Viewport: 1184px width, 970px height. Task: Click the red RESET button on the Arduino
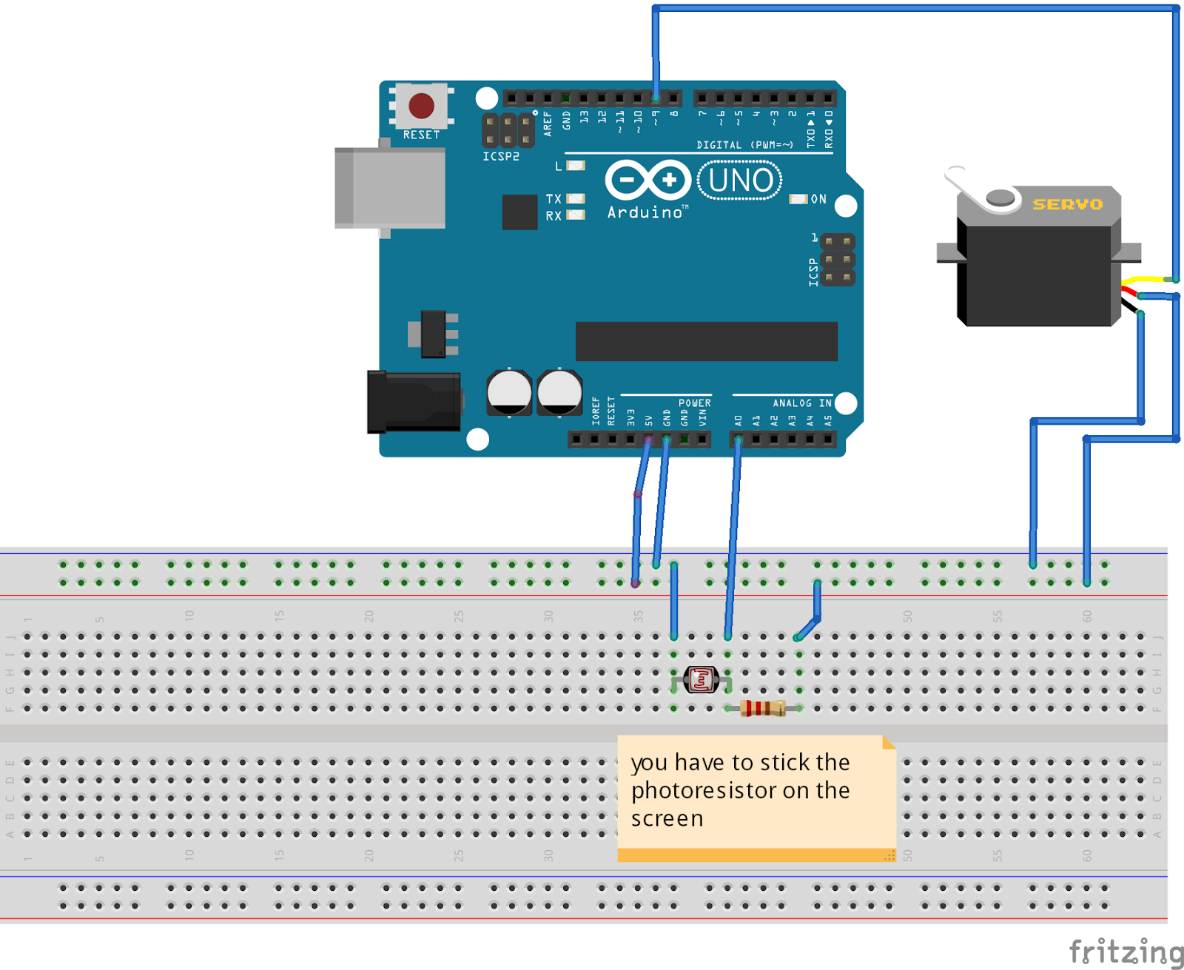pos(421,106)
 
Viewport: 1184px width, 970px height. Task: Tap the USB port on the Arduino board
pos(391,188)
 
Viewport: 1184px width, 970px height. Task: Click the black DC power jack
pos(414,402)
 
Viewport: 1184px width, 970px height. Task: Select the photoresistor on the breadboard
pos(701,679)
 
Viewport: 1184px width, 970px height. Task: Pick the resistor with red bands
pos(763,708)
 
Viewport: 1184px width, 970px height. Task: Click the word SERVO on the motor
pos(1067,204)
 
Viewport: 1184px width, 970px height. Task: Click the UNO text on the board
pos(740,181)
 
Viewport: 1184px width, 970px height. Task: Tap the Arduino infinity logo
pos(647,180)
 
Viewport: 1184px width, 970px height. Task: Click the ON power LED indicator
pos(798,199)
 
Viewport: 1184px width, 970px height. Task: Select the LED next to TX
pos(576,198)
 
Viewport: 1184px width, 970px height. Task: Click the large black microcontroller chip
pos(706,341)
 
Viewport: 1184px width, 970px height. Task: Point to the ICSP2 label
pos(501,157)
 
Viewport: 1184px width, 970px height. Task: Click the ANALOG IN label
pos(801,403)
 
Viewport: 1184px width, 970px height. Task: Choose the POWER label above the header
pos(694,403)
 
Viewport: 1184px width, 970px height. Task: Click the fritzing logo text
pos(1125,952)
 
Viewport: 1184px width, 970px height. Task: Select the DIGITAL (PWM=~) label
pos(744,145)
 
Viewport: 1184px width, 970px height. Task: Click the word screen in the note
pos(667,819)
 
